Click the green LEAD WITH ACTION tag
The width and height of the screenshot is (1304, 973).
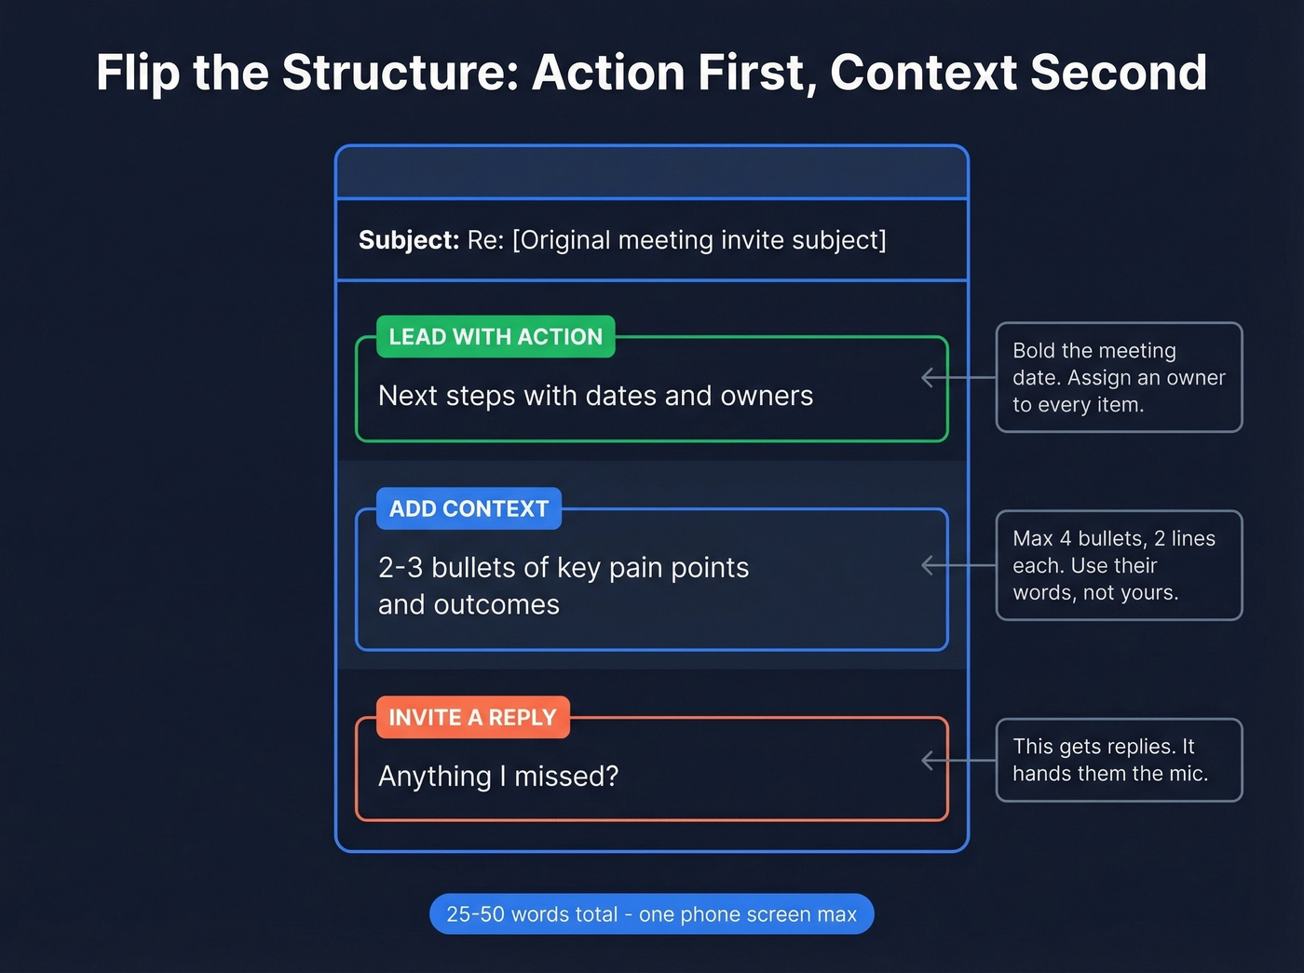496,337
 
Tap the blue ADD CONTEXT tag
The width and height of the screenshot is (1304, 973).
469,509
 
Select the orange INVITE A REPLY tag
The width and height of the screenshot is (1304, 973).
472,718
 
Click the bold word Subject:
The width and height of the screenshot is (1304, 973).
408,240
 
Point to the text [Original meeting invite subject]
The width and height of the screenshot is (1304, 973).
699,240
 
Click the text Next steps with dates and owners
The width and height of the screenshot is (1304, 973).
595,396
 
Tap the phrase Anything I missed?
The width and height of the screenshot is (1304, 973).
498,776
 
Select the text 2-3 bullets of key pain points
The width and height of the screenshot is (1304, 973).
564,568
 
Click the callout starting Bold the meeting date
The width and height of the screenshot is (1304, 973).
1119,377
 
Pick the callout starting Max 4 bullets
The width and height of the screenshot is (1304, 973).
1119,565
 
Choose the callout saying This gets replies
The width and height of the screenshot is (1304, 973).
1119,760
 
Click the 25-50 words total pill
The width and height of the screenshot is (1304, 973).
651,914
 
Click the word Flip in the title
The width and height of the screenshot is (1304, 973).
137,73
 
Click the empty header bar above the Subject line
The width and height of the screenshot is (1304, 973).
652,173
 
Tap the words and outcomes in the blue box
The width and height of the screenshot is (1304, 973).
469,605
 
